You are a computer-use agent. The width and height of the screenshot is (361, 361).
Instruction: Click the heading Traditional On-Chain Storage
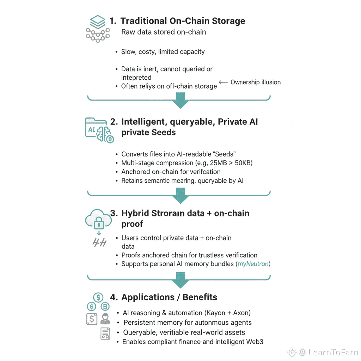pos(183,21)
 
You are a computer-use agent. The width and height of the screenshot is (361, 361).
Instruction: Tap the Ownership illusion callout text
pos(256,82)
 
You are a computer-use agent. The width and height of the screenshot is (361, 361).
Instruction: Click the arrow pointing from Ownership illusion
pos(224,82)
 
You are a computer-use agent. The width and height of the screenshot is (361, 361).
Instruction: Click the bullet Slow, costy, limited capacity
pos(163,51)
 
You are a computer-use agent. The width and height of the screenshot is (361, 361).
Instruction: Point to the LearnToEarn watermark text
pos(333,352)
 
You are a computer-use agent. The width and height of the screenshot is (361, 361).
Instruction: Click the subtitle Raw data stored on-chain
pos(164,32)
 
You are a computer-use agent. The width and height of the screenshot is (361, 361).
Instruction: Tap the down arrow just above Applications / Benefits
pos(180,282)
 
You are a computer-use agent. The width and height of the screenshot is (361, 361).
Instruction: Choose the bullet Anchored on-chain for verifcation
pos(171,172)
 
